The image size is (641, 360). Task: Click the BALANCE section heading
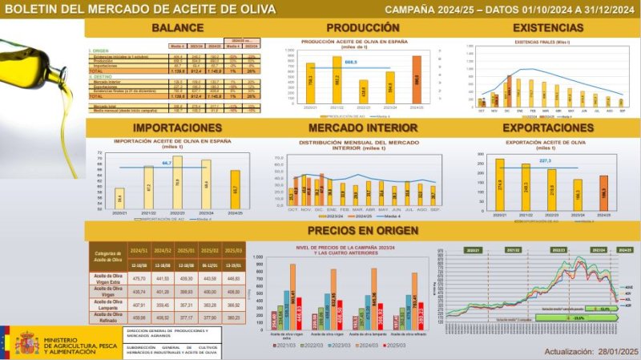tap(177, 28)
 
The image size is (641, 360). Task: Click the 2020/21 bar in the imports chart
tap(119, 197)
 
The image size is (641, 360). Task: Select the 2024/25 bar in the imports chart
tap(235, 188)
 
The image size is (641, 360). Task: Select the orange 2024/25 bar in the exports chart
tap(603, 193)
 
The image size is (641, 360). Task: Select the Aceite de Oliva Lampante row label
tap(107, 305)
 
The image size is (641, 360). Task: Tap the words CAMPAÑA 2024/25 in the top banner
tap(427, 9)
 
